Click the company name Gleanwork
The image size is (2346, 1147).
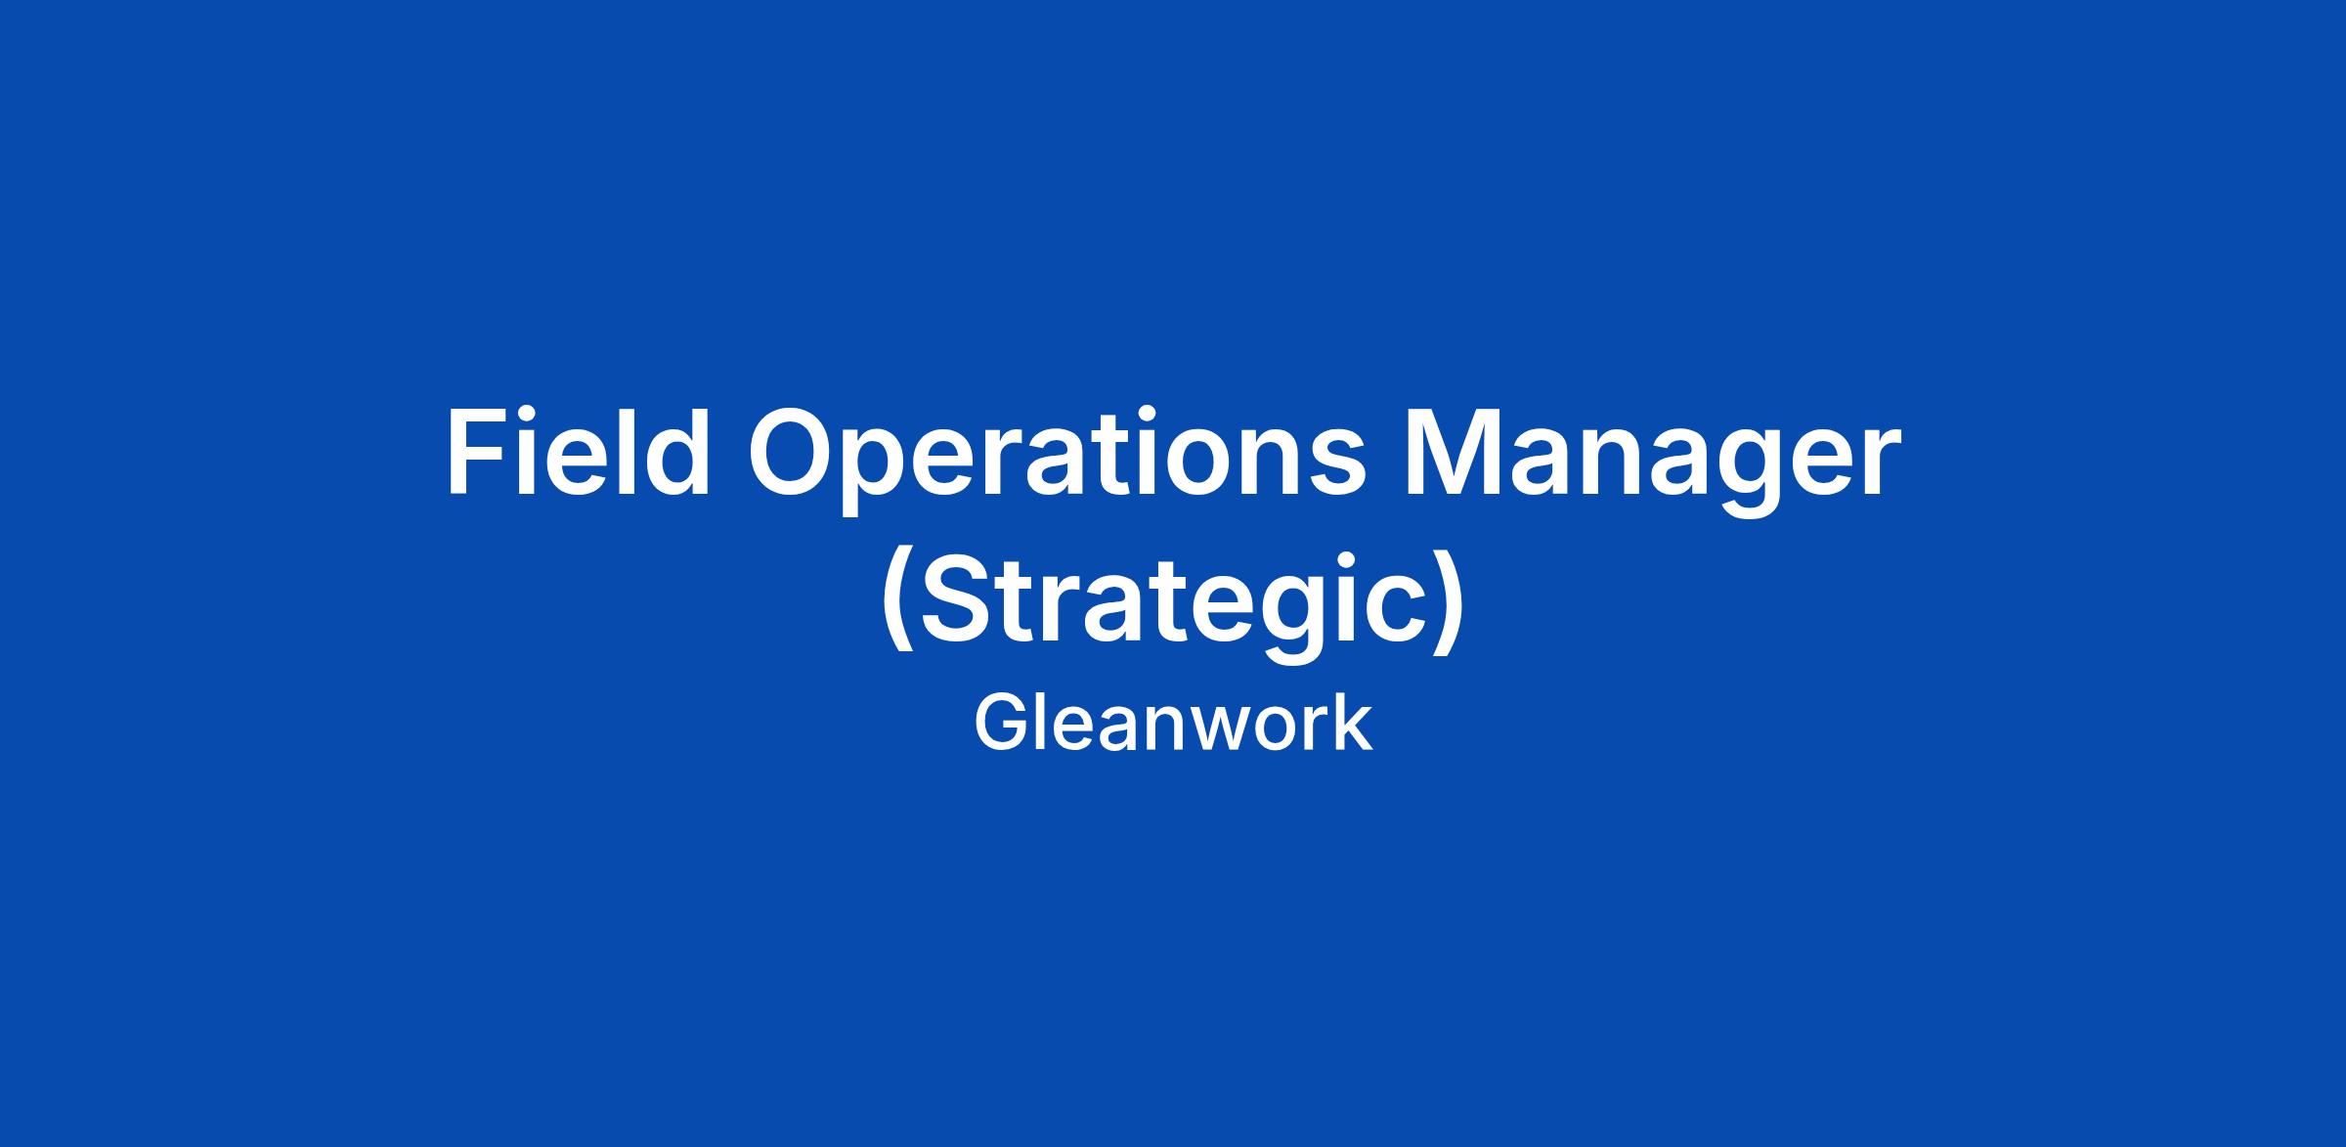coord(1173,723)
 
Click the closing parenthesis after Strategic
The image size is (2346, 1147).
coord(1450,601)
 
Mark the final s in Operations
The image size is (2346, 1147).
coord(1335,465)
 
